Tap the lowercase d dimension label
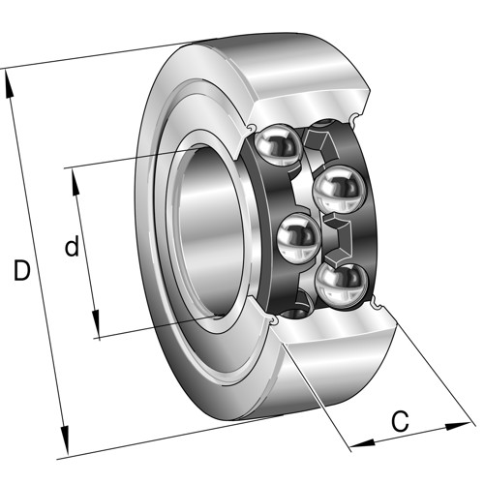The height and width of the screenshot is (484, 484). tap(72, 246)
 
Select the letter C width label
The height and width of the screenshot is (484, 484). tap(400, 421)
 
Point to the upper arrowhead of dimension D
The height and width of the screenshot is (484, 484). tap(10, 83)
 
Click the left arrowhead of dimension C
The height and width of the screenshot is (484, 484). tap(363, 443)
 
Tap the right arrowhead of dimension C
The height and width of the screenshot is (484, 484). tap(458, 426)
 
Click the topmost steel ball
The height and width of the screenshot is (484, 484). tap(278, 145)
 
